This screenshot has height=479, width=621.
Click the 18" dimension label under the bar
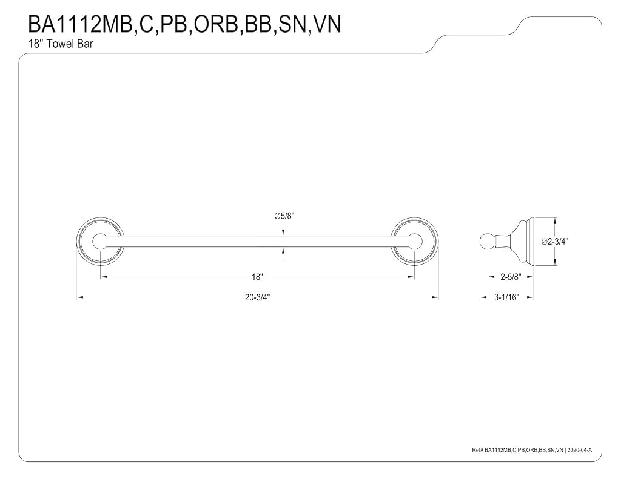tap(257, 277)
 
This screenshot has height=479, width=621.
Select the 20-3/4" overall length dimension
tap(257, 297)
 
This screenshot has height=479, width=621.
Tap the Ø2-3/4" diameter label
tap(555, 241)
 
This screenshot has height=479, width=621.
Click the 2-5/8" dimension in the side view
tap(511, 277)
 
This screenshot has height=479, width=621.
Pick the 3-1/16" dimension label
tap(506, 297)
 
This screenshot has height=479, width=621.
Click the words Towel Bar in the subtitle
tap(70, 44)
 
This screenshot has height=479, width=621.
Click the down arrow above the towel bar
tap(283, 229)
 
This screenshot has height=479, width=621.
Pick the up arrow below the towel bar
tap(283, 253)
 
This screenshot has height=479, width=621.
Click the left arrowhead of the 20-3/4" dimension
tap(79, 297)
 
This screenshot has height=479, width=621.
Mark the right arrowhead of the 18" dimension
tap(411, 277)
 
